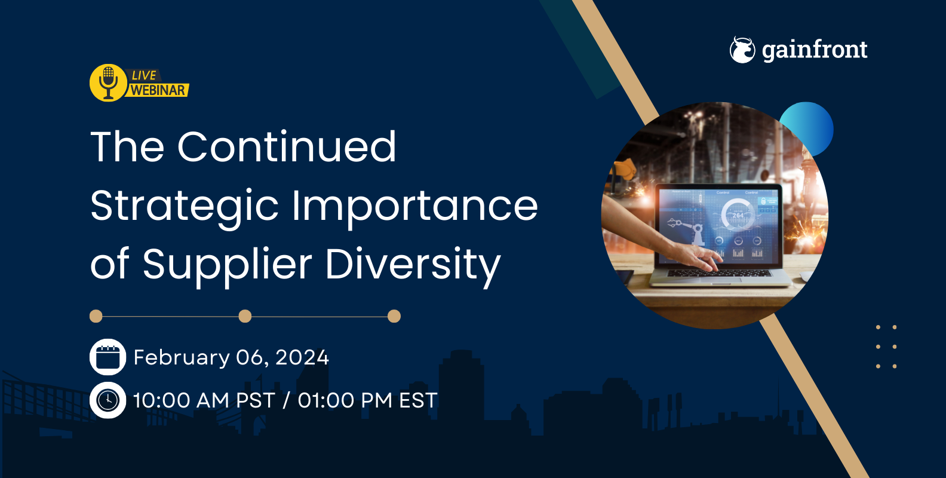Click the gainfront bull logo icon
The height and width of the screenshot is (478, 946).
[742, 50]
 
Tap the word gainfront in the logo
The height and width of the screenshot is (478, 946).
[815, 50]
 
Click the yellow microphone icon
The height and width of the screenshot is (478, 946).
[108, 82]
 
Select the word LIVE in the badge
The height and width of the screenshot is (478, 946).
[144, 75]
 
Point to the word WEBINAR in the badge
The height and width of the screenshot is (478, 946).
[158, 90]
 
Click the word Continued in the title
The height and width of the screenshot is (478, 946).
[287, 147]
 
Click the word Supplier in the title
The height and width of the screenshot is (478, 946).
[227, 264]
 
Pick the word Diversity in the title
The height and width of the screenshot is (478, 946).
[413, 264]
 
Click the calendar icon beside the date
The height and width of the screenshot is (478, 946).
[107, 357]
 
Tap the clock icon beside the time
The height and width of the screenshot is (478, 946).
[107, 400]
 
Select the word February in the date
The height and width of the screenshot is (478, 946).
[182, 357]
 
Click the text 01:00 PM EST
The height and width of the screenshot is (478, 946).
[367, 400]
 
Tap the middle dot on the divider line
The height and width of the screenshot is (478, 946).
[245, 316]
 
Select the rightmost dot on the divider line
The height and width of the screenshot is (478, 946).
[394, 316]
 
